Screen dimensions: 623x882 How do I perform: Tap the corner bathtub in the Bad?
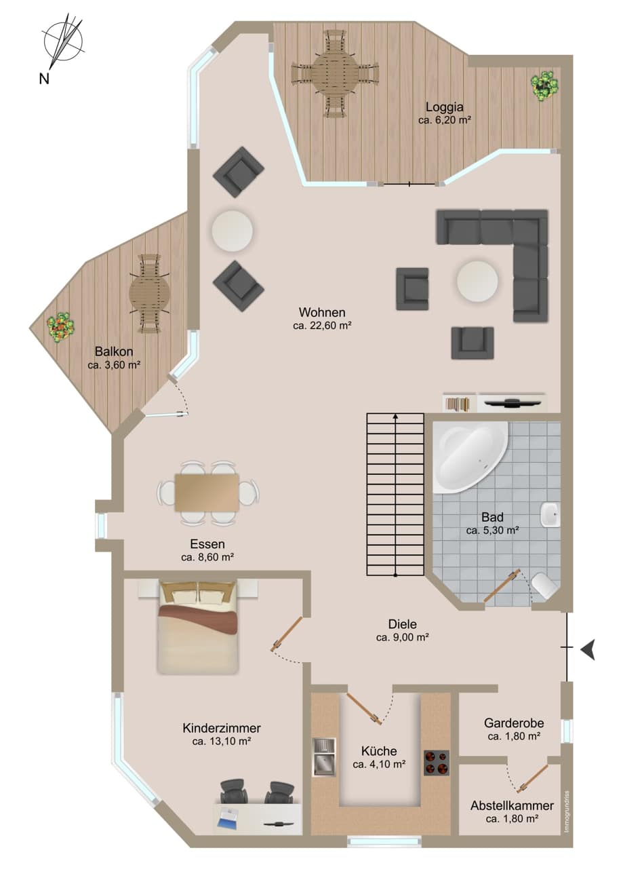tap(469, 457)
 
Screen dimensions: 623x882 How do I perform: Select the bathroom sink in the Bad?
tap(550, 514)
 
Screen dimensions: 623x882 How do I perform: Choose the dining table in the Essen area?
tap(207, 493)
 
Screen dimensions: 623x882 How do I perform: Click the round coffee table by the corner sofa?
tap(477, 282)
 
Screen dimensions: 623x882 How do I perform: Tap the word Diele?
tap(403, 624)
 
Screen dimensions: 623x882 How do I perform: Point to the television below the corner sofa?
tap(512, 403)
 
